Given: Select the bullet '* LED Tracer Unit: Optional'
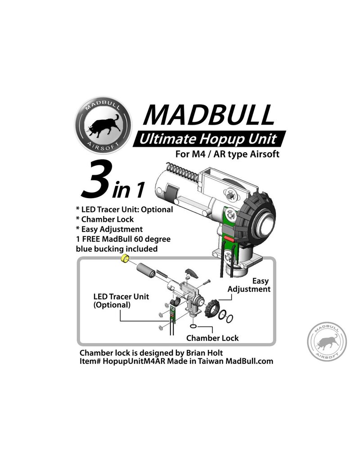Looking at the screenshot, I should (124, 210).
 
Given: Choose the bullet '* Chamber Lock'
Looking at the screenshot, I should (105, 220).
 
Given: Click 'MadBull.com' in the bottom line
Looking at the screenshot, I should (247, 361).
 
